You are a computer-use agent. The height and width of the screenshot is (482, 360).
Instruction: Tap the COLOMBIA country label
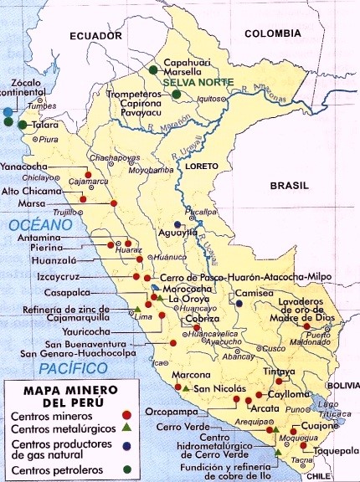point(272,33)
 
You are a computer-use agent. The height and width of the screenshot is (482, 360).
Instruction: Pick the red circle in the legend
point(126,415)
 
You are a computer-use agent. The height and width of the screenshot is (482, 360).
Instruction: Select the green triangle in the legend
point(126,428)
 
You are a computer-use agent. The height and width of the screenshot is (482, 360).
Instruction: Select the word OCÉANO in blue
point(30,226)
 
